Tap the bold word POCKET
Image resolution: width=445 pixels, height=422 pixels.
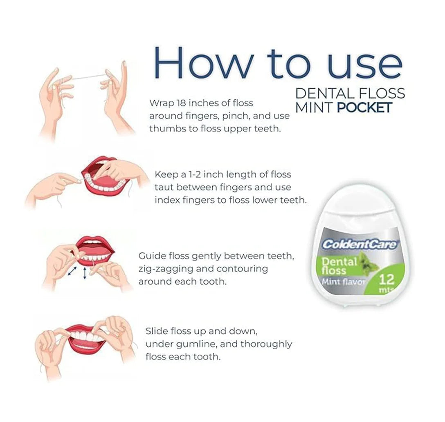click(x=364, y=107)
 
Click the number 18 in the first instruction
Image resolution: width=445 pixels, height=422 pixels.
click(x=181, y=103)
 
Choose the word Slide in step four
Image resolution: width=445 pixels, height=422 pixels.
click(x=157, y=331)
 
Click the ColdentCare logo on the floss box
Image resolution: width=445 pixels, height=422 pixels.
click(x=359, y=244)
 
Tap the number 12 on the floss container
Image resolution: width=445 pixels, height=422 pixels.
click(x=387, y=280)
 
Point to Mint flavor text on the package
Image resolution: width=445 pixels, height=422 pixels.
click(x=344, y=282)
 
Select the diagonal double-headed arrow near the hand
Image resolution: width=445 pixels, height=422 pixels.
click(x=72, y=271)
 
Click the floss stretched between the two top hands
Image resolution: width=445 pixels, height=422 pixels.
click(x=88, y=77)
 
